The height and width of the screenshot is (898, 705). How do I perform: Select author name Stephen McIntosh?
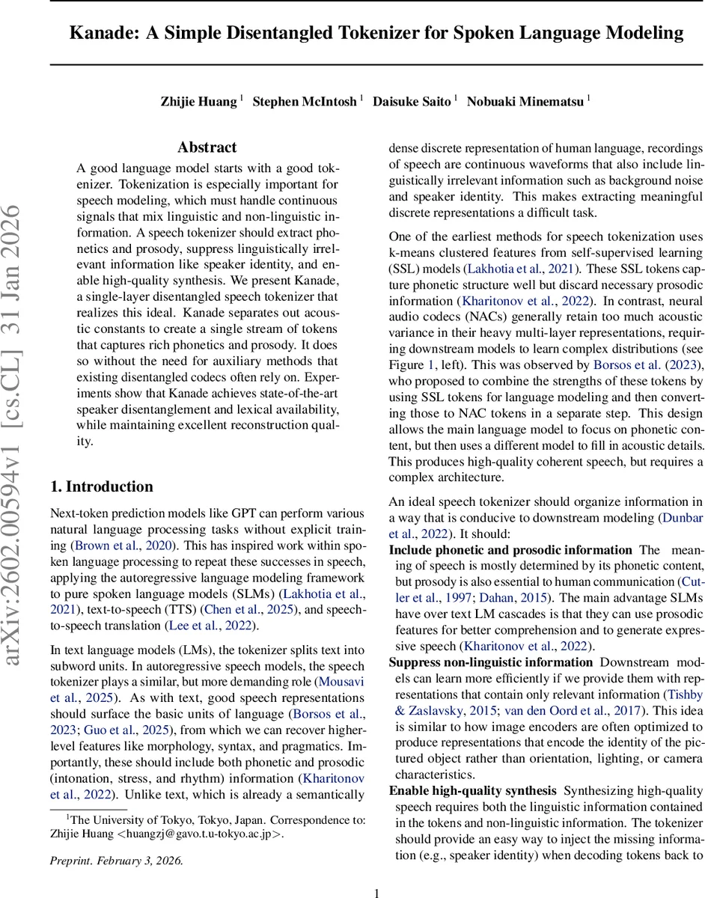(305, 102)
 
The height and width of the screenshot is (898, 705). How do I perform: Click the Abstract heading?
(207, 147)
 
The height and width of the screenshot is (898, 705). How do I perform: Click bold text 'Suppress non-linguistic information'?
(490, 662)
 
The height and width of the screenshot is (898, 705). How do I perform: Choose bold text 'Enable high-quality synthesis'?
(472, 791)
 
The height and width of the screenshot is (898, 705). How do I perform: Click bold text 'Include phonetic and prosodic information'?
(510, 550)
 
